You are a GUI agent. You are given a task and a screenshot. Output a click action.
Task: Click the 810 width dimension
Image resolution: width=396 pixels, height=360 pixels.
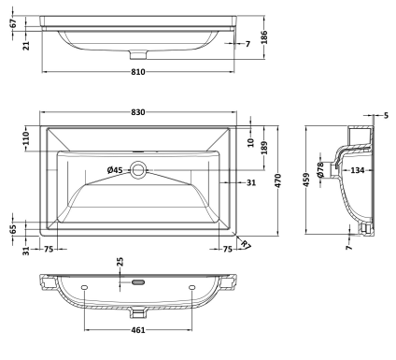[x=138, y=72]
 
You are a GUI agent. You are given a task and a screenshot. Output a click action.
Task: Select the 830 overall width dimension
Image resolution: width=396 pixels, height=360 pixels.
[x=138, y=112]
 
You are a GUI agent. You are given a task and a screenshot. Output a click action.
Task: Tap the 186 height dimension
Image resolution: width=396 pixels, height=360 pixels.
[x=264, y=37]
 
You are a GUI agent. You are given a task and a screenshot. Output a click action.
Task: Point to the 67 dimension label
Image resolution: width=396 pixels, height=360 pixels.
[x=13, y=23]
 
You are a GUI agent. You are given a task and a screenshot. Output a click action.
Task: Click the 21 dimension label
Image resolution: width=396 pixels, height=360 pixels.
[x=26, y=46]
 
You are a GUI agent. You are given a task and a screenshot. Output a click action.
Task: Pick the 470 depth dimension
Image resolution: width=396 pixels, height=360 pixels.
[x=278, y=180]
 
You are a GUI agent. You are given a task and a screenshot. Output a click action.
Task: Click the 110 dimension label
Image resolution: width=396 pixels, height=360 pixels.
[x=26, y=138]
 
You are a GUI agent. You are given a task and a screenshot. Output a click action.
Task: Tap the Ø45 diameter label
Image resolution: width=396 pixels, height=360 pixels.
[x=115, y=170]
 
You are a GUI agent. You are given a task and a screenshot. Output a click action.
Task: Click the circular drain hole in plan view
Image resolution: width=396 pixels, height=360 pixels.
[x=138, y=170]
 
